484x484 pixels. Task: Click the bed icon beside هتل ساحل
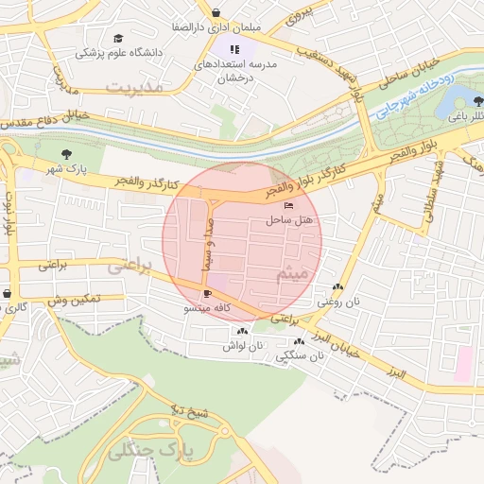coord(288,206)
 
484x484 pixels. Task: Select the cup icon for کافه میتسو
coord(207,294)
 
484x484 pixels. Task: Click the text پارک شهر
coord(66,169)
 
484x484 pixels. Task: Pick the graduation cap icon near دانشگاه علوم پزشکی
coord(118,39)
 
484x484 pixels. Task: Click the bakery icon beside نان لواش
coord(243,331)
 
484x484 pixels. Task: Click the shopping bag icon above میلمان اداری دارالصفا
coord(216,12)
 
